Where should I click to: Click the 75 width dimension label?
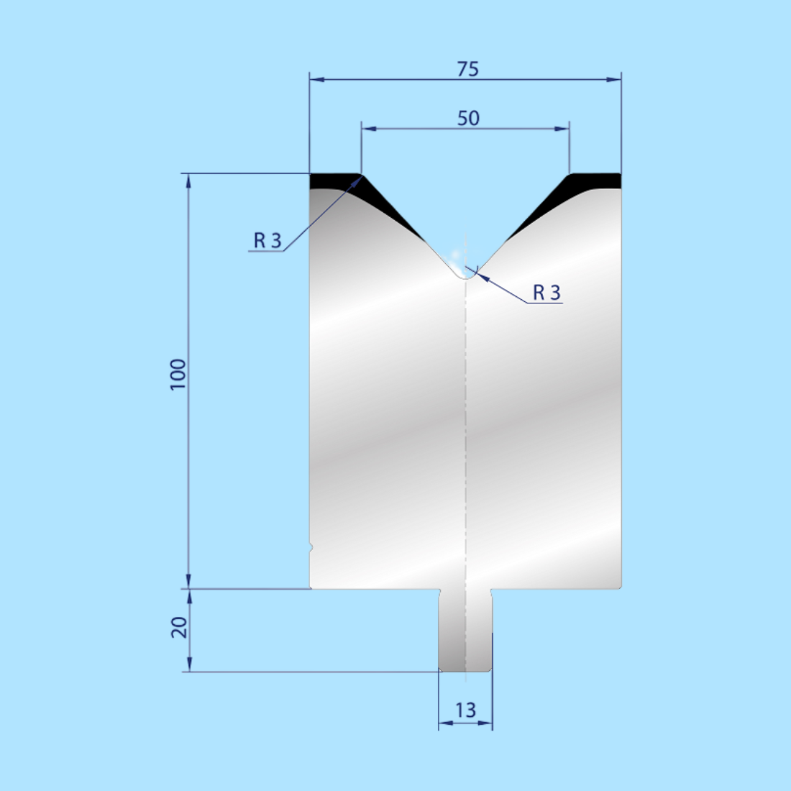[x=467, y=69]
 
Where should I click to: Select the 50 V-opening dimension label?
[x=468, y=118]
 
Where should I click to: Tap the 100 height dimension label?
[x=178, y=374]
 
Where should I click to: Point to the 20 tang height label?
[x=179, y=628]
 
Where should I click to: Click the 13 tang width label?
[x=465, y=710]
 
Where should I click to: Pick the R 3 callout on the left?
[x=268, y=241]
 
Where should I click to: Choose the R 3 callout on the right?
[x=547, y=293]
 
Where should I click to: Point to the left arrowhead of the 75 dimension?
[x=316, y=79]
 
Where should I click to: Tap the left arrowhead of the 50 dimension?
[x=369, y=129]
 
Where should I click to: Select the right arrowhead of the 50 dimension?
[x=562, y=129]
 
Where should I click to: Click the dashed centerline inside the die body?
[x=465, y=431]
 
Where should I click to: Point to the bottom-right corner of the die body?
[x=619, y=586]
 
